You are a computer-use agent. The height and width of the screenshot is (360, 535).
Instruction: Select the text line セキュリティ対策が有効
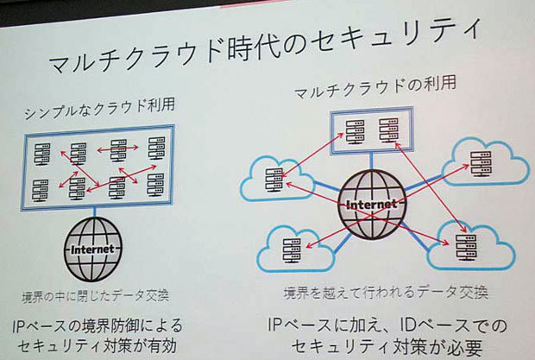pos(98,348)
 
